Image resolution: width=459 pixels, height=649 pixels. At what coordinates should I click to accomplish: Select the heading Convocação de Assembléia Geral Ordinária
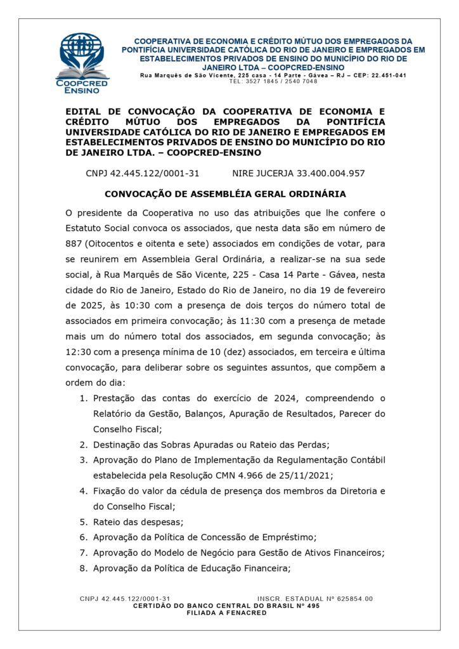pos(225,193)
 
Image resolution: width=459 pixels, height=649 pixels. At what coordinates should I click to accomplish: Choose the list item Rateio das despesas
pos(138,522)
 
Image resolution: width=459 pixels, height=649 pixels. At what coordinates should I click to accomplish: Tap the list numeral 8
pos(83,568)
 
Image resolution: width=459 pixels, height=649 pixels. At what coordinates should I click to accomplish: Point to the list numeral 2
pos(83,444)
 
